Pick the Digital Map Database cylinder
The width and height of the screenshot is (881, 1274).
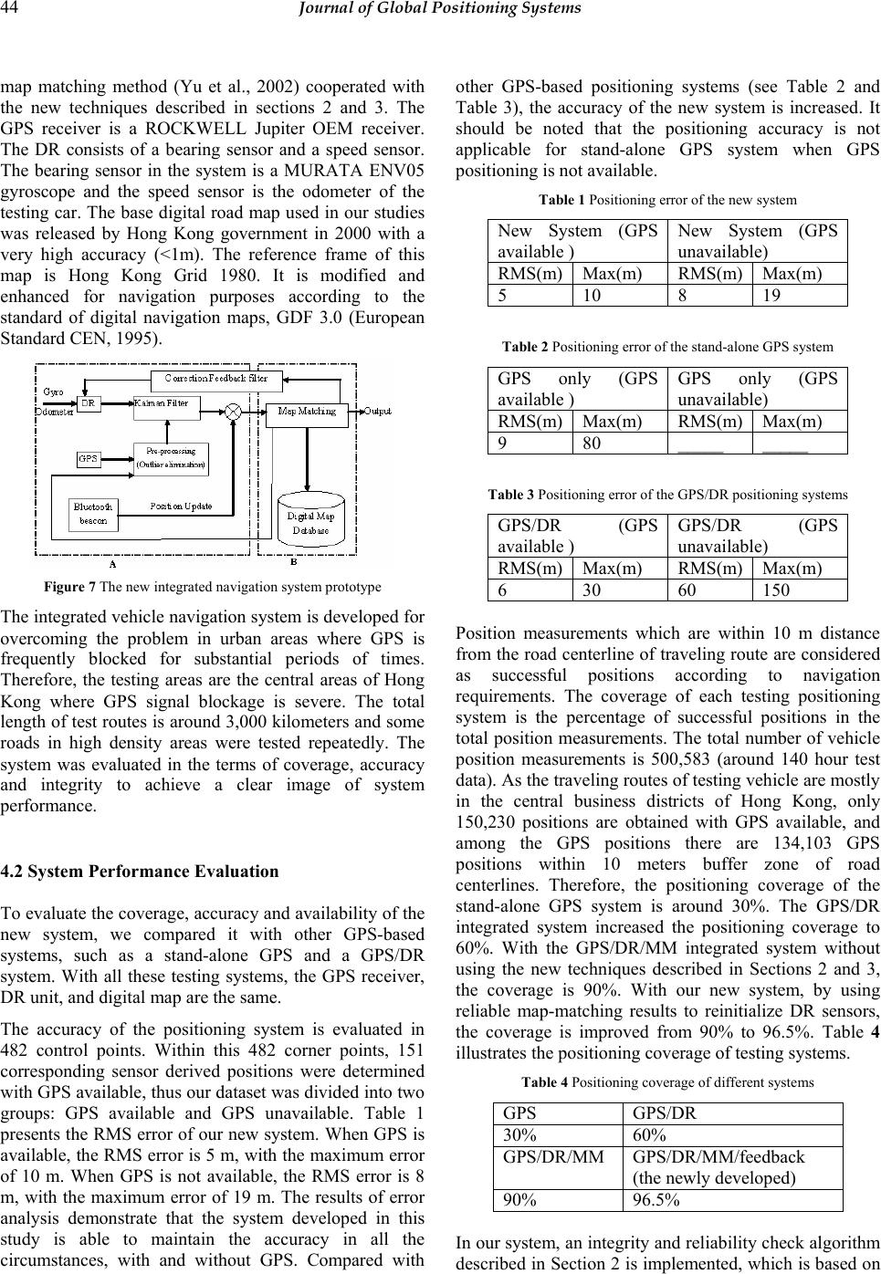[x=310, y=521]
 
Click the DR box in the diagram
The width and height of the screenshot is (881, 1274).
[x=89, y=402]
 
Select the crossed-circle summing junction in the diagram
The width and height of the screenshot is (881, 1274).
[x=234, y=412]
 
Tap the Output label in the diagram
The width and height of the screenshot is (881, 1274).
[x=379, y=412]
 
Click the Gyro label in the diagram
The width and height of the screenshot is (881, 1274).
[x=53, y=392]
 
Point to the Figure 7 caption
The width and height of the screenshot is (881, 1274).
[x=211, y=586]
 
